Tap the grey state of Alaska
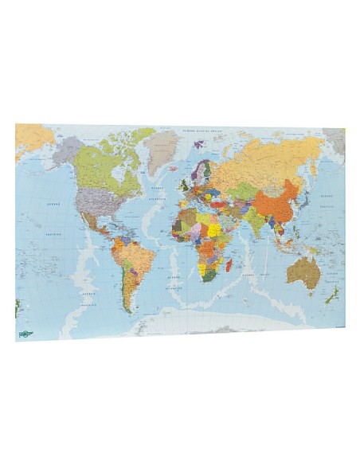coord(68,149)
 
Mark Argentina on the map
coord(130,291)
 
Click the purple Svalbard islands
coord(198,144)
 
